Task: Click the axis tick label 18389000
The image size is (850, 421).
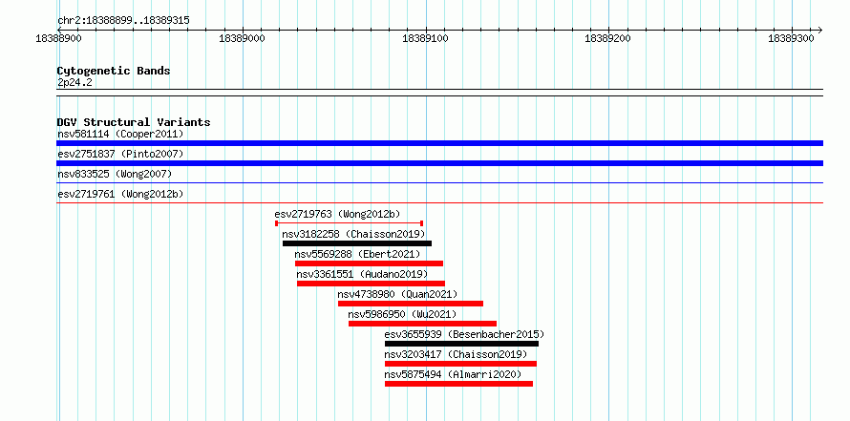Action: (244, 39)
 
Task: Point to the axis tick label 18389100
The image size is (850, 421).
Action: (426, 39)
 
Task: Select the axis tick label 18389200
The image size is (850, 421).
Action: (609, 39)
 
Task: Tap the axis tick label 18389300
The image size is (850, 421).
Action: (792, 39)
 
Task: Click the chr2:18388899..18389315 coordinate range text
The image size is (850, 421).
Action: (123, 21)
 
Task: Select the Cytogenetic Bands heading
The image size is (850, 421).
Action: (114, 71)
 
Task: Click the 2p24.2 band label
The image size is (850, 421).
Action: (74, 83)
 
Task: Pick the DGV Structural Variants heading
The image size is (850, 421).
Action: (134, 122)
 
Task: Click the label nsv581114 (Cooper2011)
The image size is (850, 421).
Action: (120, 134)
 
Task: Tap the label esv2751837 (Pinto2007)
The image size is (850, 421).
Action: (120, 154)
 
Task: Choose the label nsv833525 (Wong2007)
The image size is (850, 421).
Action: (115, 174)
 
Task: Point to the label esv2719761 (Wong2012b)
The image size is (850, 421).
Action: (120, 194)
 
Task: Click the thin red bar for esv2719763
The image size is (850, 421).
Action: (350, 222)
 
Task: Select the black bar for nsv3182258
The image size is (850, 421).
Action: (357, 243)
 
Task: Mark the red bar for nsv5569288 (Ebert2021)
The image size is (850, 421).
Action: (370, 263)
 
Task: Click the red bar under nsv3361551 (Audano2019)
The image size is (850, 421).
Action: (371, 284)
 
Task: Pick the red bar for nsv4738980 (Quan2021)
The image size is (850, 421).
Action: (411, 304)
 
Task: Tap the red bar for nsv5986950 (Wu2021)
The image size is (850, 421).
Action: (422, 324)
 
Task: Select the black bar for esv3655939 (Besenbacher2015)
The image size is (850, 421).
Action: (461, 344)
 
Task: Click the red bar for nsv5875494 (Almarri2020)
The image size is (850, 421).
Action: (458, 384)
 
